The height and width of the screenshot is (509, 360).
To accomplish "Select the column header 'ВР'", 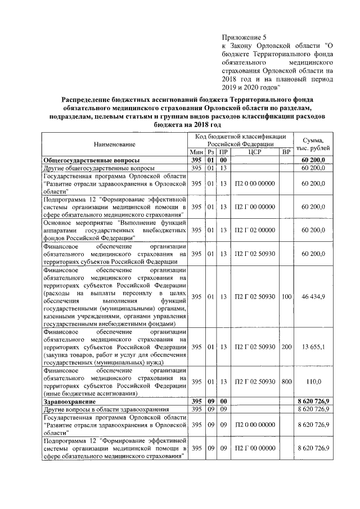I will pyautogui.click(x=286, y=152).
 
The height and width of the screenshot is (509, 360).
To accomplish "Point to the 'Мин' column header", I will pyautogui.click(x=196, y=152).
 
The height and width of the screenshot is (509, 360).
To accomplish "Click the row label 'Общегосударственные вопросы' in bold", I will pyautogui.click(x=84, y=160).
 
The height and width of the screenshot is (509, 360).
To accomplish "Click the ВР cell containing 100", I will pyautogui.click(x=286, y=296).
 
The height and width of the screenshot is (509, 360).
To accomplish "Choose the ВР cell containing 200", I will pyautogui.click(x=286, y=347).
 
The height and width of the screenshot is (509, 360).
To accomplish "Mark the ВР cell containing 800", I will pyautogui.click(x=286, y=382).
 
